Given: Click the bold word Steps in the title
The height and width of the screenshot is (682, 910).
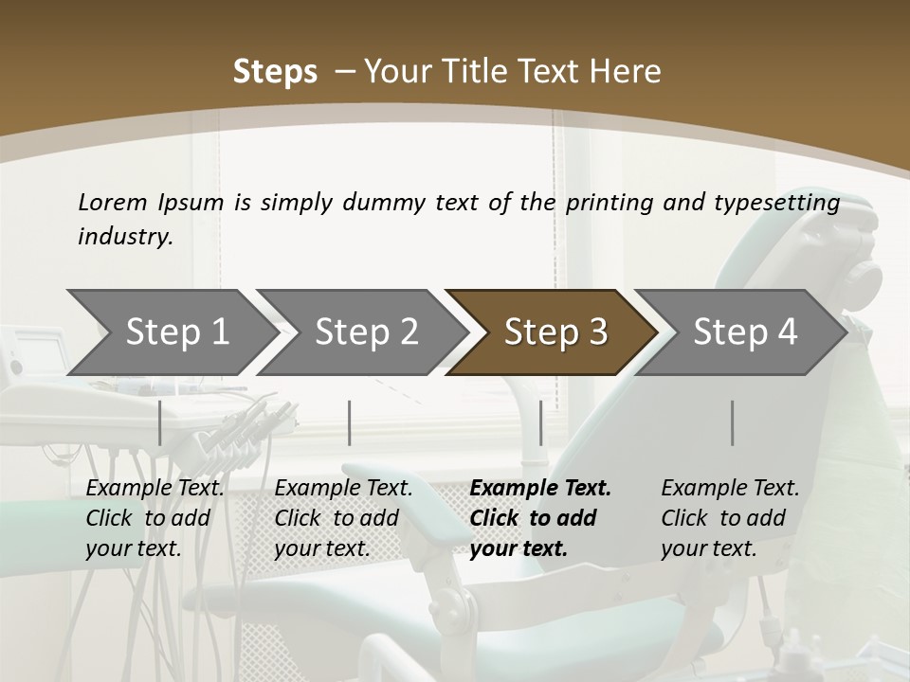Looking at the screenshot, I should point(275,72).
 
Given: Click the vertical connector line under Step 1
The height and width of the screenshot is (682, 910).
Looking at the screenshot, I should point(160,422).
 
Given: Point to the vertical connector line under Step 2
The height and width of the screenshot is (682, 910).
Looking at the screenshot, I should point(350,422).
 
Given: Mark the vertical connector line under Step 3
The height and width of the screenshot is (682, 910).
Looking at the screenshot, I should point(540,422).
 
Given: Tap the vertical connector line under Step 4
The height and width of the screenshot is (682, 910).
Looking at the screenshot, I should point(732,422).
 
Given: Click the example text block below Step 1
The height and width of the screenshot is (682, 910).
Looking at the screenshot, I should point(155,518).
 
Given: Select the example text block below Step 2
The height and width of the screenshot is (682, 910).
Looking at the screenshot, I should point(343,518).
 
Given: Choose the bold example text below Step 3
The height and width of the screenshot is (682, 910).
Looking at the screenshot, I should point(540,518).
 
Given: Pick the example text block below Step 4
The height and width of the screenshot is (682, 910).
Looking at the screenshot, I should point(730,518).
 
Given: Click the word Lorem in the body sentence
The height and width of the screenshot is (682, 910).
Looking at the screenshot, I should point(113,203).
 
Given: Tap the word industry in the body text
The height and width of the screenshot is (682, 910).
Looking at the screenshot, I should point(125,237).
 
